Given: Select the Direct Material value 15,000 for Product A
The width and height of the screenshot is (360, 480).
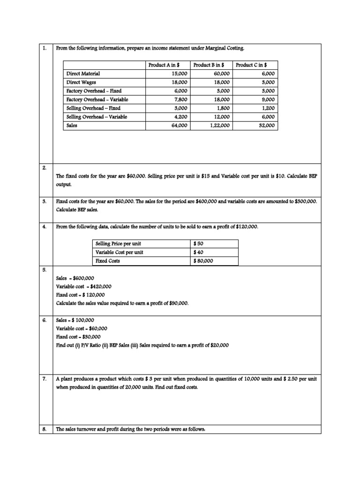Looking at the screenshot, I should point(180,74).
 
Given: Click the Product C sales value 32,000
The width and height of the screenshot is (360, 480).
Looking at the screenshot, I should point(267,126).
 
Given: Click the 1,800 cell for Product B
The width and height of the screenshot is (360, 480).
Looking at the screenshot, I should point(222,108).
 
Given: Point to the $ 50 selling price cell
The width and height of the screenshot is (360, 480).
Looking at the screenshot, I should point(199,244).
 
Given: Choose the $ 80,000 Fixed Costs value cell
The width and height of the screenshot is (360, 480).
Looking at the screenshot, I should point(203,261).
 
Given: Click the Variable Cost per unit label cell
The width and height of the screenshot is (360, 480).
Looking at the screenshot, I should point(119,252).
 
